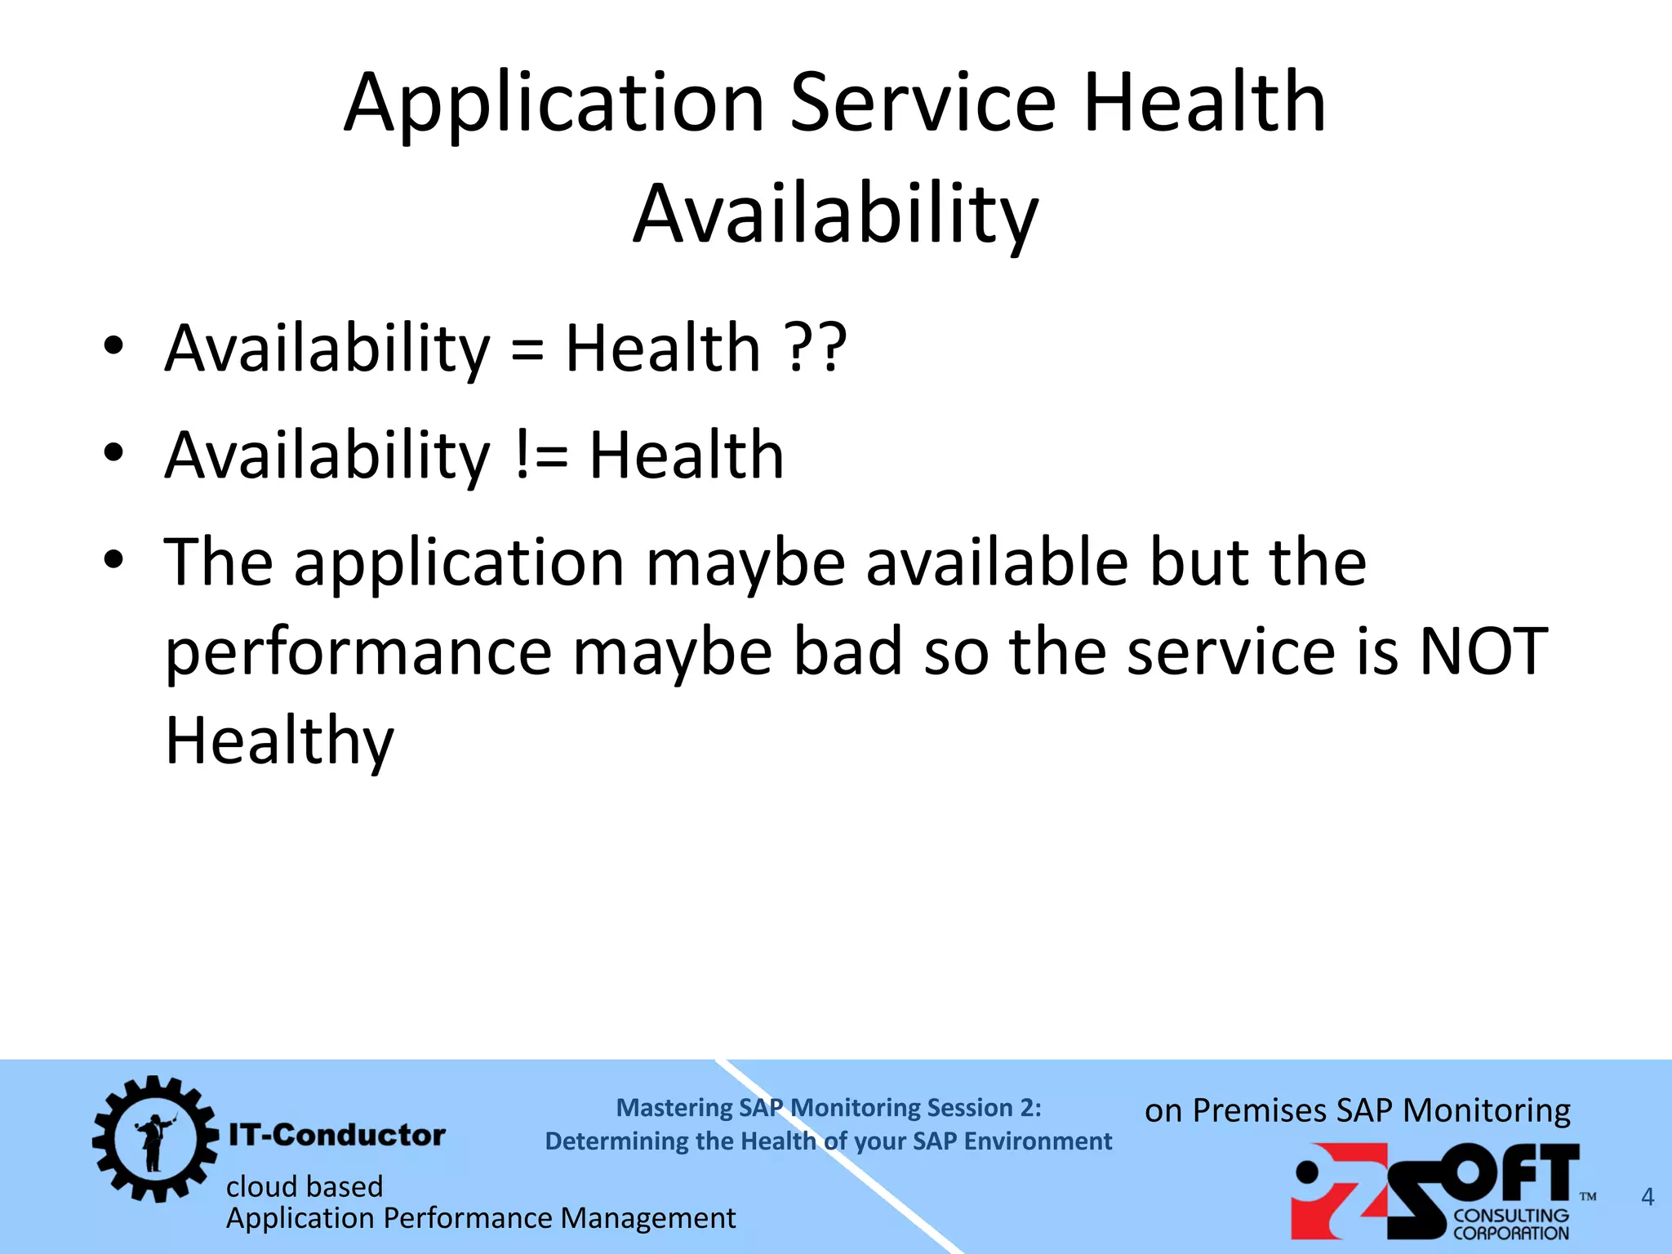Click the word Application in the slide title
coord(554,104)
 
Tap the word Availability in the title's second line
coord(835,215)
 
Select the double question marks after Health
coord(816,349)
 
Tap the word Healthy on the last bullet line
coord(279,741)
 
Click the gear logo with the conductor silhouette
coord(154,1138)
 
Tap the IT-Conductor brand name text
coord(336,1135)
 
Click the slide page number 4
coord(1648,1197)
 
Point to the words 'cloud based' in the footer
coord(305,1186)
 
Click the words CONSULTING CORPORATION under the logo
coord(1510,1225)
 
